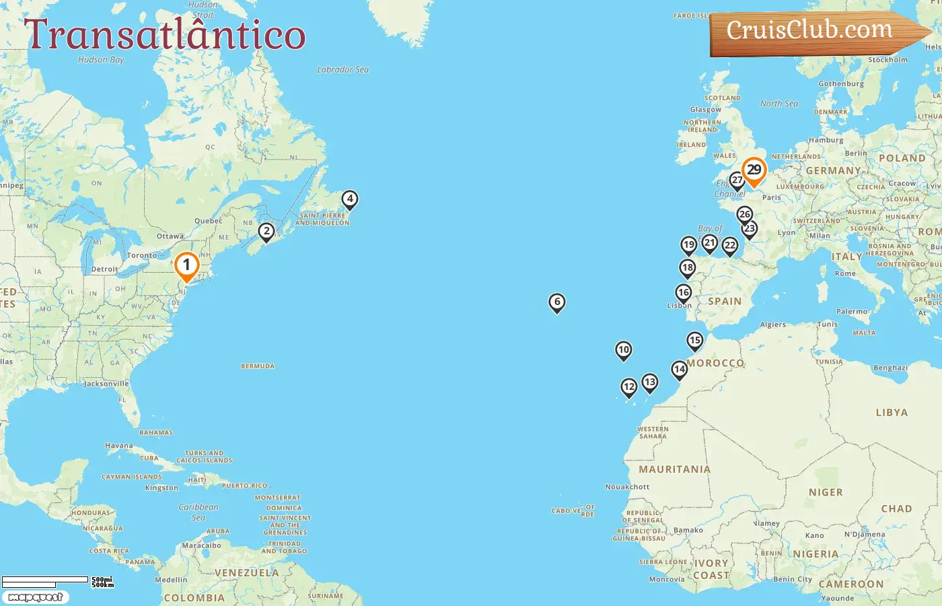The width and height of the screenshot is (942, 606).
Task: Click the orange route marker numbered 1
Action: point(186,266)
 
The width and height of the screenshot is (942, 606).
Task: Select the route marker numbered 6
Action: point(557,302)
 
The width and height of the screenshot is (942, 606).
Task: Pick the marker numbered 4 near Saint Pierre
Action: point(349,199)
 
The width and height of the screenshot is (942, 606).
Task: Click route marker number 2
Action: point(266,232)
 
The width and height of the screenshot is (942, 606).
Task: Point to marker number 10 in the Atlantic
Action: point(624,349)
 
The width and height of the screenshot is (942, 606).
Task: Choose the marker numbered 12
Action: point(628,386)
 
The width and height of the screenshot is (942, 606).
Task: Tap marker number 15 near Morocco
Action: point(695,341)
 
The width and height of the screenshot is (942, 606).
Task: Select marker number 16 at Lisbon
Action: point(684,293)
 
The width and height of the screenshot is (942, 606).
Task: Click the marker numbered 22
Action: point(730,246)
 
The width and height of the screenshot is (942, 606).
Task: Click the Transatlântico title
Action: point(165,35)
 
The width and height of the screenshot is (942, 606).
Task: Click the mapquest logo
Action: point(35,597)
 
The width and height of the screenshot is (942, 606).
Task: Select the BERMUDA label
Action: point(258,366)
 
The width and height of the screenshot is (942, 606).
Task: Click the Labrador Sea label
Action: point(342,69)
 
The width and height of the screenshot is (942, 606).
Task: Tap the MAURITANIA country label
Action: point(674,469)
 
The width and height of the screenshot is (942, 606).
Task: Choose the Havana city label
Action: point(119,446)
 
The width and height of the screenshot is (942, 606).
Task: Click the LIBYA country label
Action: point(892,413)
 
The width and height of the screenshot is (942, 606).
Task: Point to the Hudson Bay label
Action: point(101,60)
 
